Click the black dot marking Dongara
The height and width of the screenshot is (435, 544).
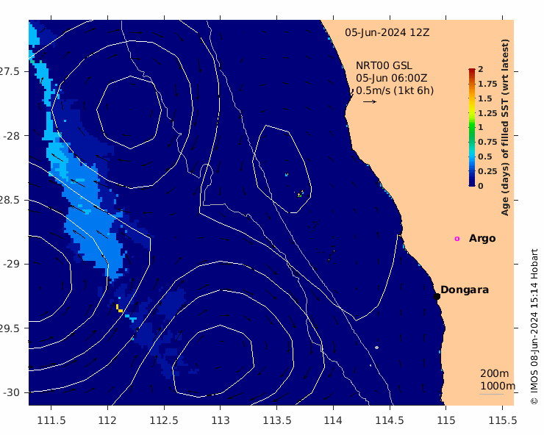437,296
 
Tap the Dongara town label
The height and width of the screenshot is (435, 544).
465,290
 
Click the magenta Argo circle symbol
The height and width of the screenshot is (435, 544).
457,239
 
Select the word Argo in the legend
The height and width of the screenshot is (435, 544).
482,239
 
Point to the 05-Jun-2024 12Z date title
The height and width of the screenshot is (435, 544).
387,32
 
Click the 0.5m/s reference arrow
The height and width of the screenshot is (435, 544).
370,101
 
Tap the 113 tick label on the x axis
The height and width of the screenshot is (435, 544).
221,420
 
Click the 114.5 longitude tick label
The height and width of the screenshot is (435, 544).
390,420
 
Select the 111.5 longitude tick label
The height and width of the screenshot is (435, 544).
51,420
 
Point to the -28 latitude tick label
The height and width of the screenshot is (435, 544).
12,136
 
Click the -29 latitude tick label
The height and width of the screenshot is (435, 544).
12,264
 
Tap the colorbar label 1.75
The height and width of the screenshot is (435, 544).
487,84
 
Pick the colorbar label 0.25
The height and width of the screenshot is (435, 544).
487,171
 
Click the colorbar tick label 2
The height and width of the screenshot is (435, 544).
481,69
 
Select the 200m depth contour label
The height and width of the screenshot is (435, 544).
495,373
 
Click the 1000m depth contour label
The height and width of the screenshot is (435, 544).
498,386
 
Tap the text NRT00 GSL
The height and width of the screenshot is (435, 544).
384,65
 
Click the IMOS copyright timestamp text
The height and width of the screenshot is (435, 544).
534,326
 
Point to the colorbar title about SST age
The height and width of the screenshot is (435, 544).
505,127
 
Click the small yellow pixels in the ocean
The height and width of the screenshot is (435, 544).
119,309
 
